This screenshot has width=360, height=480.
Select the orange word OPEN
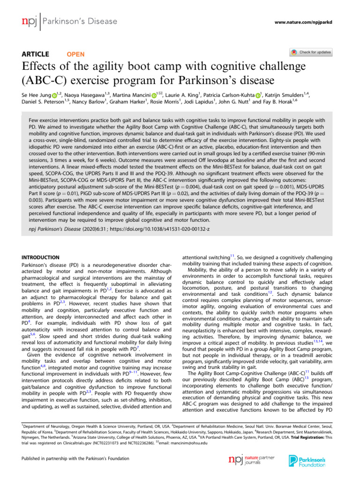point(76,54)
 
